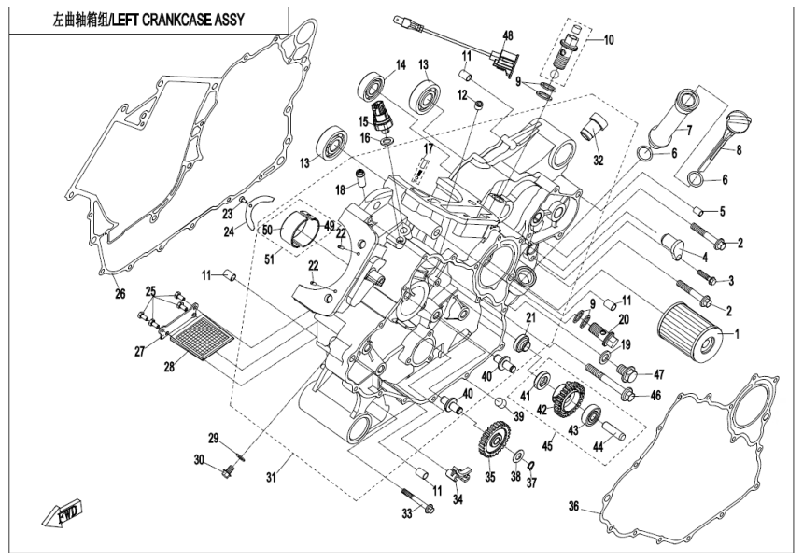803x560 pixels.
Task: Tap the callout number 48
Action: (508, 35)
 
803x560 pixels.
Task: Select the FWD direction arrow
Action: (60, 512)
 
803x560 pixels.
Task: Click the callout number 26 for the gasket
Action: (119, 294)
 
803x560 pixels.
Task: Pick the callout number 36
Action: (574, 507)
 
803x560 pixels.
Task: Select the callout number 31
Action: (272, 478)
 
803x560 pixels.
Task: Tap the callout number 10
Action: (608, 40)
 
